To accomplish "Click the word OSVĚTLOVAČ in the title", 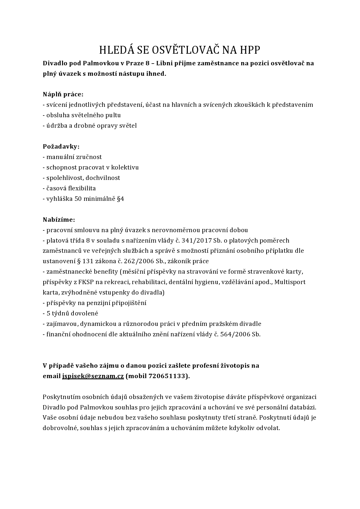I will [181, 50].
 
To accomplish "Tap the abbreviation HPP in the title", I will [250, 50].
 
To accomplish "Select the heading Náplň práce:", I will [63, 94].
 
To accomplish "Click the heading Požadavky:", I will [61, 147].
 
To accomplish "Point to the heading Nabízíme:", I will [59, 220].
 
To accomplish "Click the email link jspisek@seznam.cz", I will [93, 376].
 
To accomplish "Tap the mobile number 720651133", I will [167, 376].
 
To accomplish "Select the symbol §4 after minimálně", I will [120, 199].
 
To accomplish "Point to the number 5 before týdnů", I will [48, 313].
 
